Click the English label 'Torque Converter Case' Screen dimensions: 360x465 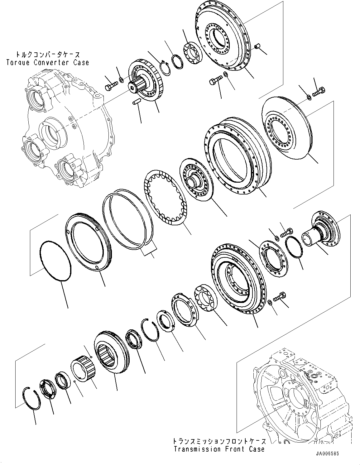pyautogui.click(x=47, y=62)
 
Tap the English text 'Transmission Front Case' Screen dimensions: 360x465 pyautogui.click(x=219, y=449)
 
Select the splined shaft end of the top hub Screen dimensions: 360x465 pyautogui.click(x=137, y=84)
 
